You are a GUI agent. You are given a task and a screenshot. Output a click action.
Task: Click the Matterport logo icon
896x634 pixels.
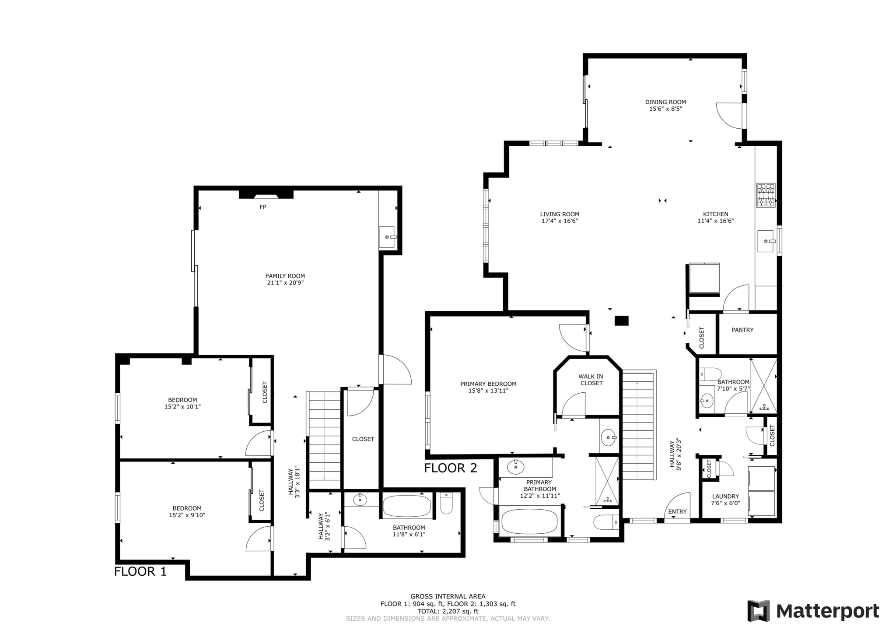(x=758, y=610)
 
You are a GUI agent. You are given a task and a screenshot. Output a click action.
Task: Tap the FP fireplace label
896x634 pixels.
(x=262, y=207)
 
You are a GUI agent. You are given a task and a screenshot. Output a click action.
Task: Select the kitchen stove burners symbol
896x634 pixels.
(x=766, y=195)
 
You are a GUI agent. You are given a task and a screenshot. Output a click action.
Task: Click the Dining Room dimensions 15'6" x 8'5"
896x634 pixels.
(x=665, y=109)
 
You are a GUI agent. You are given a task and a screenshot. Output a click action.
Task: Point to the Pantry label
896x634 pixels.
(x=742, y=330)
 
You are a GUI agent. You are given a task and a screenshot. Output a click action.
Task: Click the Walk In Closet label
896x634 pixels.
(x=591, y=380)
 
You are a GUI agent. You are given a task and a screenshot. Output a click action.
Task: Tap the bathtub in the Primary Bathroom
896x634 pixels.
(x=529, y=521)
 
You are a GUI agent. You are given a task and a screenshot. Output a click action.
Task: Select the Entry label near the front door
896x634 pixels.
(x=677, y=511)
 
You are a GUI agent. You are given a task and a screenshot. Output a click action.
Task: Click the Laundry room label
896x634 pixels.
(x=725, y=497)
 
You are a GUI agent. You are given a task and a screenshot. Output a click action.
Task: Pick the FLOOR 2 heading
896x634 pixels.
(x=451, y=468)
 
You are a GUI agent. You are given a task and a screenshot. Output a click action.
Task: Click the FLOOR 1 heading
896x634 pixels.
(x=140, y=571)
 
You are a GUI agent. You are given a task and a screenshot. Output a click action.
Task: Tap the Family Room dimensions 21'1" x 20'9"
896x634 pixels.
(x=285, y=283)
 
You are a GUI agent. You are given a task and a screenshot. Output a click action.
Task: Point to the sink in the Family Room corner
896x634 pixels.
(x=387, y=237)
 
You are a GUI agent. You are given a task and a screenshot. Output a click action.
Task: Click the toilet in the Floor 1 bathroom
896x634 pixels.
(x=446, y=504)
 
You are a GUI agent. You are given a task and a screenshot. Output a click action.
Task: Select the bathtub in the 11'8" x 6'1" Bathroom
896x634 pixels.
(x=406, y=507)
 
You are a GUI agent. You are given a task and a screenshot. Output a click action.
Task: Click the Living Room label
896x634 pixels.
(x=560, y=214)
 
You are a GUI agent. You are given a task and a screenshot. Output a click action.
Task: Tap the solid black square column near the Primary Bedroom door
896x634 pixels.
(x=621, y=321)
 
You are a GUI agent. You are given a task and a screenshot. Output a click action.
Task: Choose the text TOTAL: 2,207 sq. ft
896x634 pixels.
(x=448, y=611)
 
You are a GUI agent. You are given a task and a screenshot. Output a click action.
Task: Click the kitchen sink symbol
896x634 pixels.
(x=766, y=241)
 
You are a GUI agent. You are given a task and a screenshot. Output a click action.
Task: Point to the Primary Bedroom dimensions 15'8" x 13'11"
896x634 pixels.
(x=488, y=391)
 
